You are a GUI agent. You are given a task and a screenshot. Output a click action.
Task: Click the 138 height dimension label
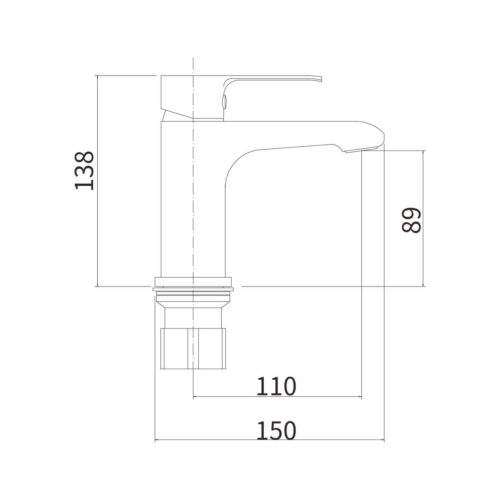click(x=84, y=170)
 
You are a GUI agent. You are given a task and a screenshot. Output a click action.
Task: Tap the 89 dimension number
click(x=411, y=220)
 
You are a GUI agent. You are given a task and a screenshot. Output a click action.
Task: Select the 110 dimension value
click(x=276, y=386)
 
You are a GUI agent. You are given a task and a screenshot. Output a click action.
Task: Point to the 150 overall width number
click(x=276, y=431)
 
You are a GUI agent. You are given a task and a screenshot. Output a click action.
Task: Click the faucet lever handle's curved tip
click(x=320, y=79)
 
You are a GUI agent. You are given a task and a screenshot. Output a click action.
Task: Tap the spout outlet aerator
click(x=361, y=150)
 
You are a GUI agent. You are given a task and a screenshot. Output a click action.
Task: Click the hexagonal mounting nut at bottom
click(x=193, y=349)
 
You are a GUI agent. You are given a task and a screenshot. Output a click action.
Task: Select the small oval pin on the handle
click(x=224, y=101)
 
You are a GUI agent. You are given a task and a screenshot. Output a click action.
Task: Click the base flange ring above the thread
click(x=193, y=282)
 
